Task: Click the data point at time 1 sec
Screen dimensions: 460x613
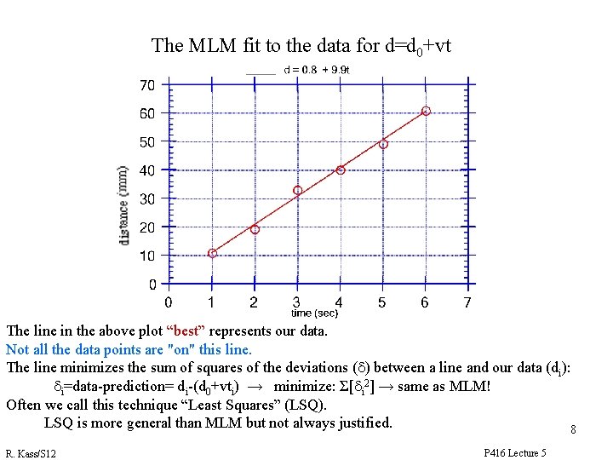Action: (x=212, y=253)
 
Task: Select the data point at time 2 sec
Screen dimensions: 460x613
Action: (x=255, y=229)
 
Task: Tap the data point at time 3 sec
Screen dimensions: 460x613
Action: (x=297, y=190)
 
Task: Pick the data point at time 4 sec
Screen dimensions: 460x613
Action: (x=341, y=170)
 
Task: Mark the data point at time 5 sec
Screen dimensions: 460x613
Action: (x=383, y=144)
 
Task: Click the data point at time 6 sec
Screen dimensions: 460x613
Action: (x=426, y=111)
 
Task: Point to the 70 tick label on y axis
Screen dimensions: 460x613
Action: (x=146, y=85)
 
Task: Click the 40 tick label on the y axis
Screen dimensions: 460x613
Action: (x=146, y=170)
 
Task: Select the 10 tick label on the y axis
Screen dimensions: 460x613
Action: (x=146, y=256)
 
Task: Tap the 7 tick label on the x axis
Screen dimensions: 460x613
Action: (x=467, y=302)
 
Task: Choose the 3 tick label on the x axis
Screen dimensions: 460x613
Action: (x=296, y=302)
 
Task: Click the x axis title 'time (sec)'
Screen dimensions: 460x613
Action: (x=315, y=313)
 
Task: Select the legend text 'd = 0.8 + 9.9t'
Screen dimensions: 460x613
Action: (x=317, y=70)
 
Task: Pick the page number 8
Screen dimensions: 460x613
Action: (x=573, y=430)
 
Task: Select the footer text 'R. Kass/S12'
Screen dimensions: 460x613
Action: (x=31, y=452)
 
